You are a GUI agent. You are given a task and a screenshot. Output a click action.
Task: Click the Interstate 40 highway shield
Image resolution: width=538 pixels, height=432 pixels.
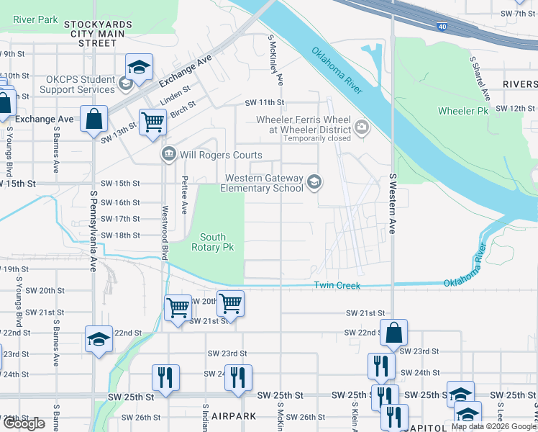[442, 26]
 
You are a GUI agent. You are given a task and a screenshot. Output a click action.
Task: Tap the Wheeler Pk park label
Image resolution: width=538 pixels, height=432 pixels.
[462, 111]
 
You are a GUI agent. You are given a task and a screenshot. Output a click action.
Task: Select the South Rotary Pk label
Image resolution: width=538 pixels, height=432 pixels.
[213, 243]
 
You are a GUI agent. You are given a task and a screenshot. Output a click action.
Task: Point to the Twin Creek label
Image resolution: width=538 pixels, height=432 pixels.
[337, 286]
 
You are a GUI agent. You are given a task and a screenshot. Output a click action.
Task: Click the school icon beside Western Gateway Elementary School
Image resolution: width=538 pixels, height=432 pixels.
[314, 183]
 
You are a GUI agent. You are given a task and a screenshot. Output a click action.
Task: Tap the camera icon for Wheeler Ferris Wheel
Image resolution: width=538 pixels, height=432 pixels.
[361, 127]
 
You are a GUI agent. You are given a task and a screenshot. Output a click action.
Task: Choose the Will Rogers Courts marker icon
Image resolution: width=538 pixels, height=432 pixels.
[169, 153]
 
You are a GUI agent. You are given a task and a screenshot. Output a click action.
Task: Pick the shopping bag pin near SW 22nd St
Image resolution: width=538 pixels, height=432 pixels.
[394, 333]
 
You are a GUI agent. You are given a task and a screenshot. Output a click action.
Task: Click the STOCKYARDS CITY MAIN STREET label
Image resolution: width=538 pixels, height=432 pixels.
[98, 34]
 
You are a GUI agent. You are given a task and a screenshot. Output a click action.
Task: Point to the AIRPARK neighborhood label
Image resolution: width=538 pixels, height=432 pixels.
[232, 417]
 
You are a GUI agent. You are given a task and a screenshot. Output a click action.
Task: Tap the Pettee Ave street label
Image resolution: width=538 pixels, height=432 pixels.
[185, 196]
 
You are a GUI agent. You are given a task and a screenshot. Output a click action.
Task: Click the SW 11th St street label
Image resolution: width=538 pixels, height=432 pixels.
[265, 103]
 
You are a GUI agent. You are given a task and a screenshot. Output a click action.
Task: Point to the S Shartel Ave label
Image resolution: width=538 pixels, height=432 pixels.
[479, 79]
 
